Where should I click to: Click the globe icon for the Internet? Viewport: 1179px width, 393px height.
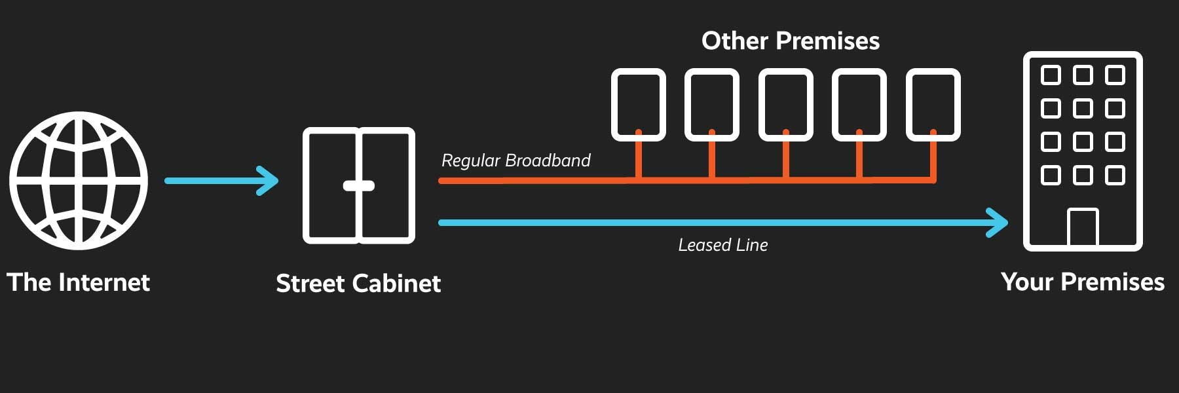pyautogui.click(x=79, y=181)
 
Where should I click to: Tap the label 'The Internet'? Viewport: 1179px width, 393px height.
pyautogui.click(x=78, y=282)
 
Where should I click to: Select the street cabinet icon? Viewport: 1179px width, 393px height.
pyautogui.click(x=358, y=185)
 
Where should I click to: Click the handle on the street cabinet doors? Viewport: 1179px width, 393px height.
pyautogui.click(x=359, y=186)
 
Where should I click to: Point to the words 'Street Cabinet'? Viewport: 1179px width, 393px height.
pyautogui.click(x=358, y=284)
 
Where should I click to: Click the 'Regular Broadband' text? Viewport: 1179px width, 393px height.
pyautogui.click(x=515, y=160)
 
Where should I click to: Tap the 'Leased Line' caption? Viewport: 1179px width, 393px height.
pyautogui.click(x=722, y=245)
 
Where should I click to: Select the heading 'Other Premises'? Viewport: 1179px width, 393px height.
pyautogui.click(x=791, y=41)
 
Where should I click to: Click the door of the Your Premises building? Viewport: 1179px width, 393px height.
pyautogui.click(x=1083, y=227)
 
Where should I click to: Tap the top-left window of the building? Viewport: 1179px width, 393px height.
pyautogui.click(x=1051, y=75)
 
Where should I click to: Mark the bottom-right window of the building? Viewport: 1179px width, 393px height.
pyautogui.click(x=1115, y=175)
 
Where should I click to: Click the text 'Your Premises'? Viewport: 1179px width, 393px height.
pyautogui.click(x=1083, y=282)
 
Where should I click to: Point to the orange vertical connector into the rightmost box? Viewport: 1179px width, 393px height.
pyautogui.click(x=933, y=157)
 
